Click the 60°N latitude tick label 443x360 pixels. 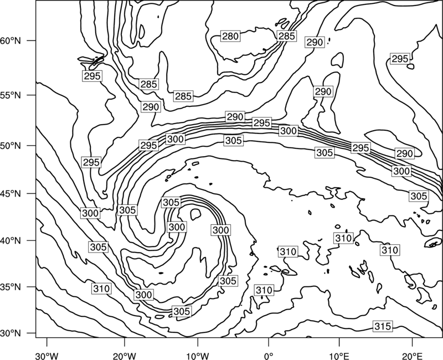(11, 40)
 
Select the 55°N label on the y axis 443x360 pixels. (11, 95)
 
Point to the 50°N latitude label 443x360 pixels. (11, 146)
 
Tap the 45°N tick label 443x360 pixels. (11, 193)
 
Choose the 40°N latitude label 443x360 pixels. (11, 240)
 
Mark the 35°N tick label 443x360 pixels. (11, 287)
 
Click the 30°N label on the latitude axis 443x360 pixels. (11, 333)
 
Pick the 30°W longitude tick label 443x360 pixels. (47, 356)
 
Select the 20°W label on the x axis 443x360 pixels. (125, 356)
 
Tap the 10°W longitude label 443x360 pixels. (197, 356)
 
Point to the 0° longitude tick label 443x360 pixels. (269, 356)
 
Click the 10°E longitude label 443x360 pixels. (339, 356)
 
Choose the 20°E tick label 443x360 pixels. (412, 356)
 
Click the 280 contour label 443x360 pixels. (230, 36)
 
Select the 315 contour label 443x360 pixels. (383, 326)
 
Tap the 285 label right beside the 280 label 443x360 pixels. (287, 36)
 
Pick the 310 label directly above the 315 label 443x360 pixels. (390, 250)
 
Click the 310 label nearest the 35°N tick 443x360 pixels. (101, 289)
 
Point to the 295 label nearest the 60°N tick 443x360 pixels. (92, 76)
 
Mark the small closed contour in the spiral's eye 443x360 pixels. (195, 214)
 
